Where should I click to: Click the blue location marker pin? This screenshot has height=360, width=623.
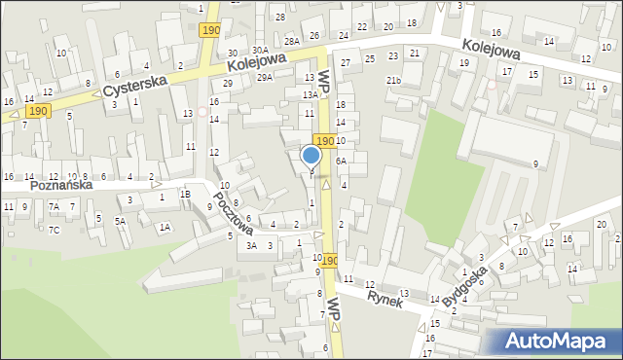311,155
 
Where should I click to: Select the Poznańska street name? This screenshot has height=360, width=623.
60,184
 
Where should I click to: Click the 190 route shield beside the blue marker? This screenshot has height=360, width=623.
324,142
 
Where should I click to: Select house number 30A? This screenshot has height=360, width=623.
259,50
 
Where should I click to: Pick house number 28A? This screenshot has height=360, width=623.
291,41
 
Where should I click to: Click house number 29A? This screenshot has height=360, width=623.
264,77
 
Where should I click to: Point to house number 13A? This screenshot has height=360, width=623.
310,95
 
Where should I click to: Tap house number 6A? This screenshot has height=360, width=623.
341,161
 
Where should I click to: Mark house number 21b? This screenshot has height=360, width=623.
393,80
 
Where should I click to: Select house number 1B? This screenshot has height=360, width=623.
184,194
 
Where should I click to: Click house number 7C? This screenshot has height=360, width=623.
55,230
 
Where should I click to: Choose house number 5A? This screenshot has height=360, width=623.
120,221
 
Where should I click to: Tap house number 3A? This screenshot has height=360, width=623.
251,245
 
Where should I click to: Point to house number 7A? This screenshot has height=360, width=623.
55,206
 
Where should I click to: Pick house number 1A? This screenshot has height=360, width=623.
165,227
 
